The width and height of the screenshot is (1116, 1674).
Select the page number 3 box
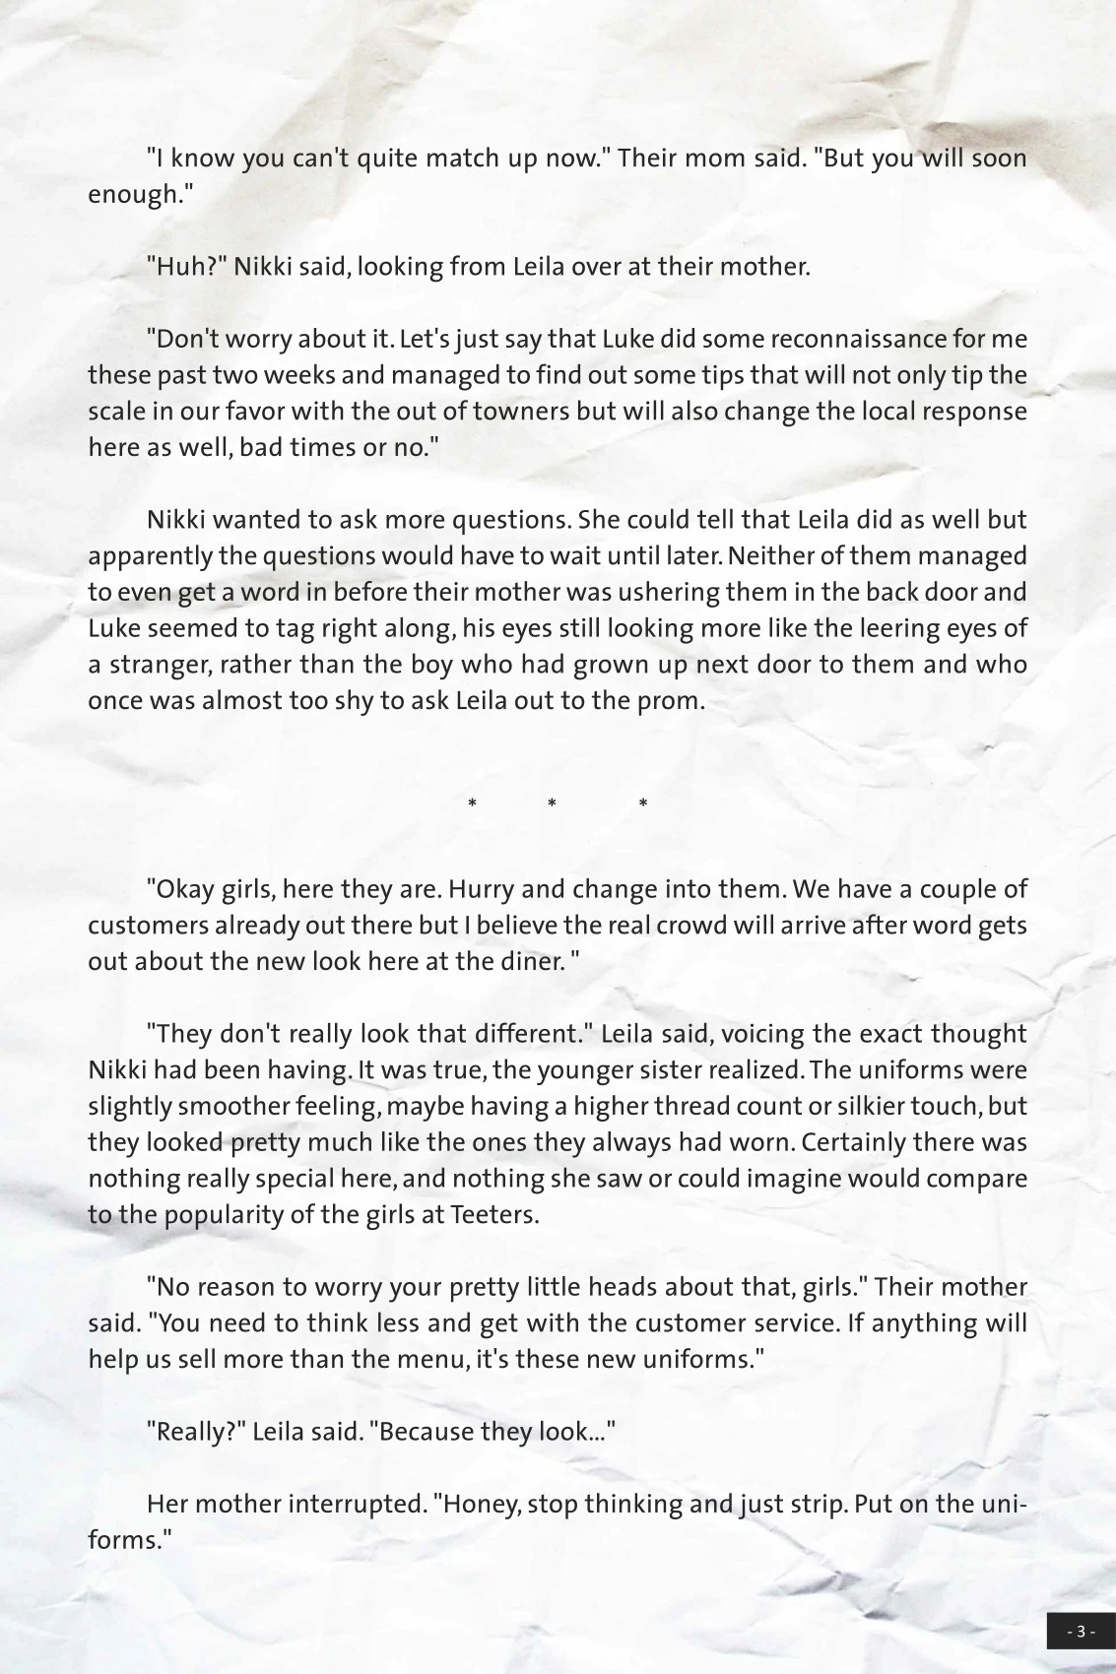[x=1080, y=1631]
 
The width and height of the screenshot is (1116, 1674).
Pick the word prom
[x=675, y=701]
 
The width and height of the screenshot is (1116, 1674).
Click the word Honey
[x=482, y=1505]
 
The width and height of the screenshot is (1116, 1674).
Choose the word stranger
[x=158, y=665]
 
